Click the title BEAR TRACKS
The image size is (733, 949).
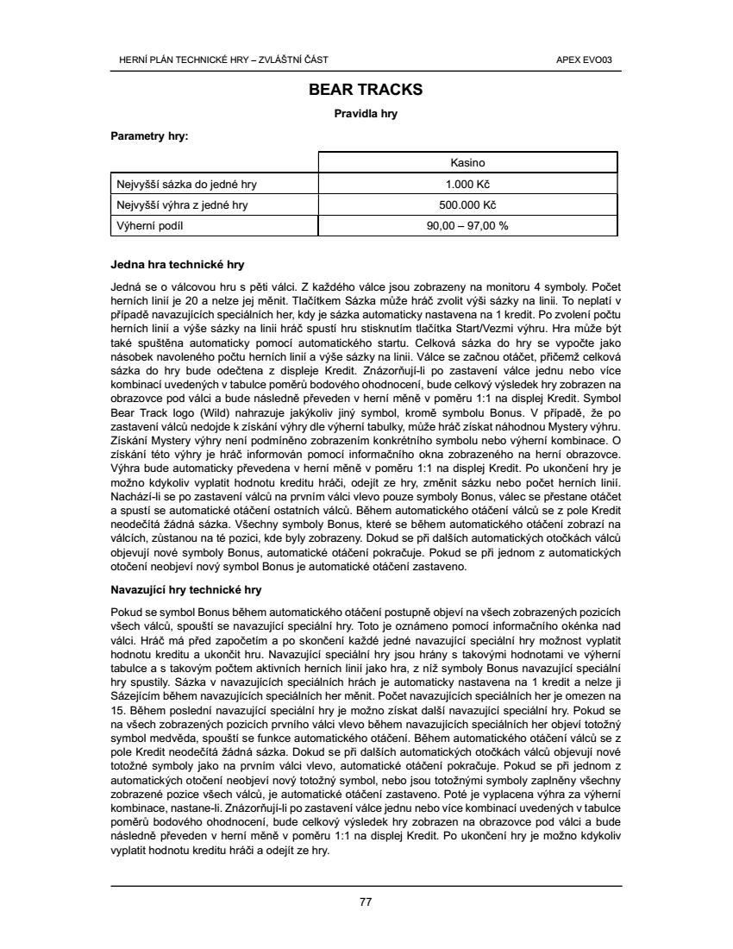[x=366, y=90]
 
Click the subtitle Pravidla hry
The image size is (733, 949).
[x=366, y=113]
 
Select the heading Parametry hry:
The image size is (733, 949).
[x=150, y=136]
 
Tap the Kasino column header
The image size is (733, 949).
[x=467, y=162]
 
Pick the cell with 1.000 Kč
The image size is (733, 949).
[x=467, y=184]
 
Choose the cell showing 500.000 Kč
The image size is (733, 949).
[x=467, y=204]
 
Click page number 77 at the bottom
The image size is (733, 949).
[x=366, y=902]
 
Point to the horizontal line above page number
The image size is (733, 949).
[x=366, y=885]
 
